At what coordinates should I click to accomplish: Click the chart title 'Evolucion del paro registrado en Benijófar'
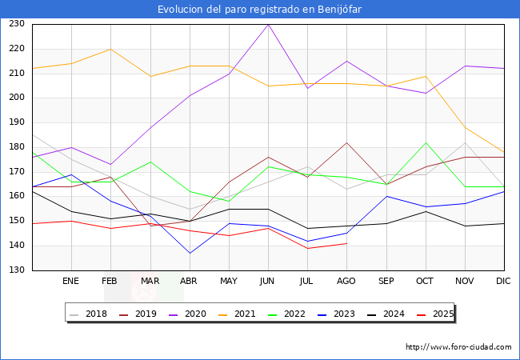(x=260, y=10)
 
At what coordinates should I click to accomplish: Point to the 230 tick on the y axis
(x=16, y=24)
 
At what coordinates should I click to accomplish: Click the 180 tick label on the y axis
(x=16, y=147)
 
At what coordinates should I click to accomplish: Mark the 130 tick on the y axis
(x=16, y=270)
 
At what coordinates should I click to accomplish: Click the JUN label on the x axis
(x=268, y=282)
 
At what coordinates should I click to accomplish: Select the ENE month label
(x=71, y=282)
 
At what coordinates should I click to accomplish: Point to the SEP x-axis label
(x=386, y=282)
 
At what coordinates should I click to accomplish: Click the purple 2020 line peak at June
(x=268, y=24)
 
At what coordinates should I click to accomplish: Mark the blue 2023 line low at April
(x=190, y=253)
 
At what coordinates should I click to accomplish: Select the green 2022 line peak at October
(x=426, y=142)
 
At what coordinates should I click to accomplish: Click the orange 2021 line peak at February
(x=110, y=49)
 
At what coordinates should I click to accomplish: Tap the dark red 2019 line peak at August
(x=346, y=142)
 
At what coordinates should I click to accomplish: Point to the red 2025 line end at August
(x=346, y=243)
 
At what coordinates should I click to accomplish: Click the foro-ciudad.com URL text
(x=458, y=347)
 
